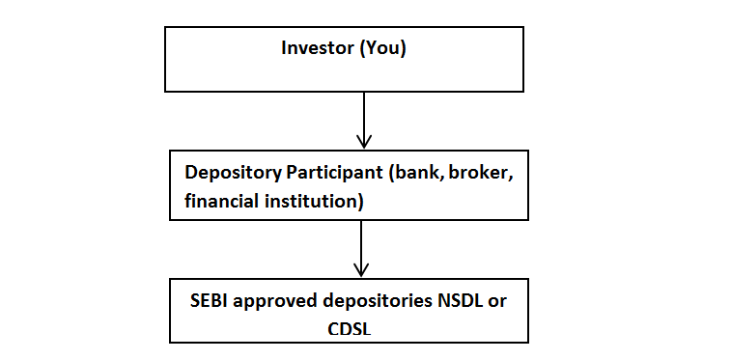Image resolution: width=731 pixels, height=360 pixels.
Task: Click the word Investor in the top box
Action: pos(317,48)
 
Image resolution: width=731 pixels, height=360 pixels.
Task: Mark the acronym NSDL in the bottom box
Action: pos(459,299)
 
